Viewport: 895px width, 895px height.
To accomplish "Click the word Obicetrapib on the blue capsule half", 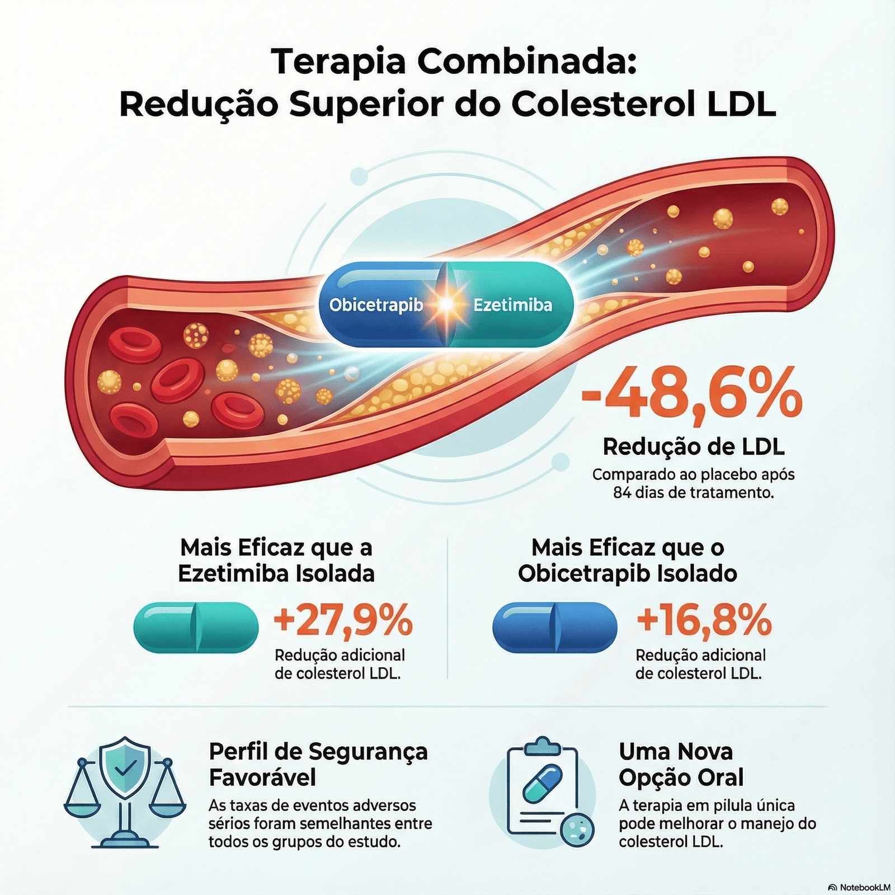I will [376, 305].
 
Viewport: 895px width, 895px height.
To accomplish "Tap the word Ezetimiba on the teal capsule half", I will [512, 305].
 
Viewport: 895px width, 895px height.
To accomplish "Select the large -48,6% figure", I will [692, 393].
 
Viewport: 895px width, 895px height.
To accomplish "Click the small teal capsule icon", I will [196, 627].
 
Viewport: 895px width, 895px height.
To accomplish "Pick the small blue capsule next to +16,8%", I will [555, 627].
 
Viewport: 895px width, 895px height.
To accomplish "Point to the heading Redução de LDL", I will [694, 446].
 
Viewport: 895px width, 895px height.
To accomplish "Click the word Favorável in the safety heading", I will [262, 778].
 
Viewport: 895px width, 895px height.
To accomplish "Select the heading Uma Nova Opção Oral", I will [681, 764].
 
